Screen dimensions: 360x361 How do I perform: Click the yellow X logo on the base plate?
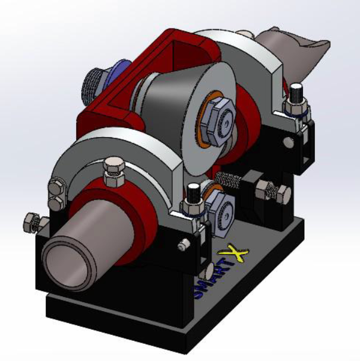233,254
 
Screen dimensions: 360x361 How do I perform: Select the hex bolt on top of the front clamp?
114,172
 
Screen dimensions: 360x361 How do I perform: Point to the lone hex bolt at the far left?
34,222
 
